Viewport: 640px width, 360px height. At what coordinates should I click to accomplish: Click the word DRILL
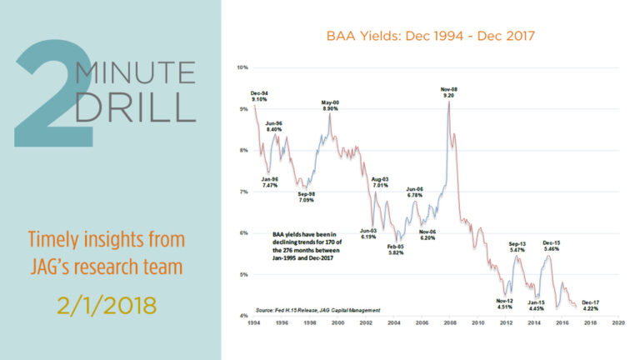point(135,108)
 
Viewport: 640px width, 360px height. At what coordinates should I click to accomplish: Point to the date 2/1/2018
point(107,303)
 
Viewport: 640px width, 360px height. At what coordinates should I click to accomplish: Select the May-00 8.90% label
point(330,106)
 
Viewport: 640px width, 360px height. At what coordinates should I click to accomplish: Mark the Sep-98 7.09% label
point(307,197)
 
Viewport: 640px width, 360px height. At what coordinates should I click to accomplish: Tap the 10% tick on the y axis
point(243,67)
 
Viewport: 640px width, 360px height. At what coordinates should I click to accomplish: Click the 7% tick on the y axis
point(244,192)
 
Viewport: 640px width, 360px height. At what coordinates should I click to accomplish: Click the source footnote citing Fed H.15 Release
point(317,308)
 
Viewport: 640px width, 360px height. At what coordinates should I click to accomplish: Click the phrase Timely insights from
point(106,240)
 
